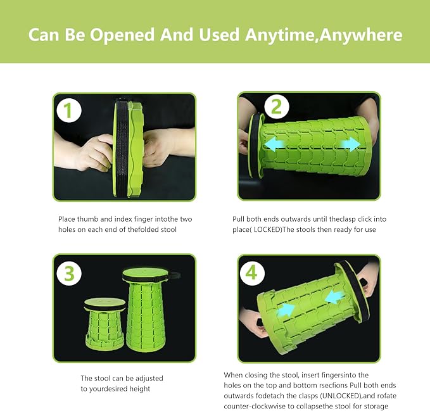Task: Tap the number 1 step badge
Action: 69,110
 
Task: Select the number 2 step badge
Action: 276,107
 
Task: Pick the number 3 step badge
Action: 69,273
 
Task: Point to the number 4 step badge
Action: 252,273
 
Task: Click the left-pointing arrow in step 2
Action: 274,144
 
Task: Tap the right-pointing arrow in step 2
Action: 350,144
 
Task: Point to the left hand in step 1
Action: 84,151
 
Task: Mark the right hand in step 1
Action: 168,147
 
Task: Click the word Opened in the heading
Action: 122,35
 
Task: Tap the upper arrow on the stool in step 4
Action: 334,297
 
